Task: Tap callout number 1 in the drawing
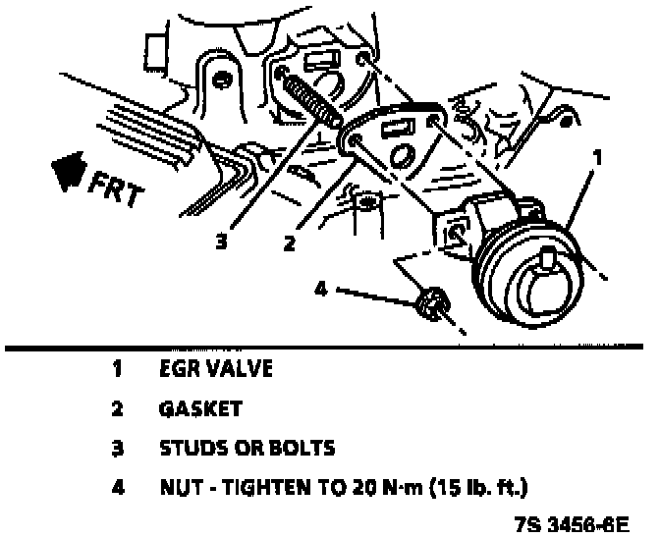coord(598,156)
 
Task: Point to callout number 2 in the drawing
coord(289,242)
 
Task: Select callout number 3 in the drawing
coord(222,242)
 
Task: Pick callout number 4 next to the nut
coord(320,290)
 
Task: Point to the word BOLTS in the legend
coord(302,448)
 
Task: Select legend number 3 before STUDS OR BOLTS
coord(117,448)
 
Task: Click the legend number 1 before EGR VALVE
coord(117,371)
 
